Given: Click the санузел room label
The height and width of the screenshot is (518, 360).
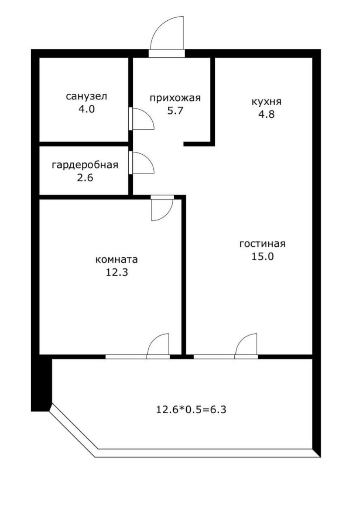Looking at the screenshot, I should pyautogui.click(x=86, y=97).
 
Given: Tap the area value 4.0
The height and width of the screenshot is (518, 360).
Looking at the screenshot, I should pyautogui.click(x=86, y=109).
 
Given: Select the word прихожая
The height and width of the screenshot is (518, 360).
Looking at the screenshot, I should pyautogui.click(x=175, y=98).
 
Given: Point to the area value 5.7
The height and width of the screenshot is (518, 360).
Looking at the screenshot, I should pyautogui.click(x=175, y=110).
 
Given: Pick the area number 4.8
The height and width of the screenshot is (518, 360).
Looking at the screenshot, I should pyautogui.click(x=267, y=114).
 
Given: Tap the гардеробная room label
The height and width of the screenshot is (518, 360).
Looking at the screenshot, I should pyautogui.click(x=85, y=165).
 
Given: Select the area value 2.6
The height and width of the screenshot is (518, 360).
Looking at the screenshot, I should pyautogui.click(x=86, y=177).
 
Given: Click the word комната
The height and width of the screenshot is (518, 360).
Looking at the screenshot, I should pyautogui.click(x=116, y=259).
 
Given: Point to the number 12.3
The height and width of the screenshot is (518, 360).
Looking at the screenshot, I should pyautogui.click(x=117, y=272).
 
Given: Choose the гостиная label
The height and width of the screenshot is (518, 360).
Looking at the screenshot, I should pyautogui.click(x=263, y=244).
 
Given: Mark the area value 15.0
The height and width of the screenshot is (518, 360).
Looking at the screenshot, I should pyautogui.click(x=263, y=257).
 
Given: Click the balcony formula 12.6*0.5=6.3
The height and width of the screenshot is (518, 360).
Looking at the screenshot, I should pyautogui.click(x=191, y=410).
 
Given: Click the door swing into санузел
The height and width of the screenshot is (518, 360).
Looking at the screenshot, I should pyautogui.click(x=142, y=119).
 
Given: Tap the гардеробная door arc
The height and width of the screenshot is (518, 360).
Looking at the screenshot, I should pyautogui.click(x=142, y=163).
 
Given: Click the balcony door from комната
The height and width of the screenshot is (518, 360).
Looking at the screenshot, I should pyautogui.click(x=158, y=346).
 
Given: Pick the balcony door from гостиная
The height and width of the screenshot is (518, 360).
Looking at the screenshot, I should pyautogui.click(x=246, y=346).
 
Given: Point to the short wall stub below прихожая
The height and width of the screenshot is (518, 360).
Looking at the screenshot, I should pyautogui.click(x=199, y=144).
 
